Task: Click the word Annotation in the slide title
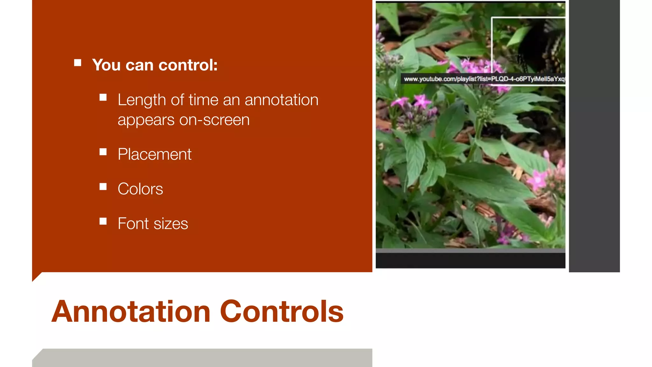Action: (x=131, y=312)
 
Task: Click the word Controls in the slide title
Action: (x=282, y=312)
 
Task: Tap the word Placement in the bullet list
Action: (x=154, y=155)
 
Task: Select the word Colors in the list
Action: (x=140, y=189)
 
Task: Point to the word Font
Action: (x=133, y=224)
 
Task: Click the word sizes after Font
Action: (x=171, y=224)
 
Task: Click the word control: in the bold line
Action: (x=188, y=65)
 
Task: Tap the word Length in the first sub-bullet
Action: (x=143, y=100)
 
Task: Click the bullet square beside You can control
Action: (x=77, y=63)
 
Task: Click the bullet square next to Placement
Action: (x=103, y=152)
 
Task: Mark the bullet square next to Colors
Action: (x=103, y=187)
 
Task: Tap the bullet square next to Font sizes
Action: (x=103, y=221)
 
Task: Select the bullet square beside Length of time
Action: (x=103, y=97)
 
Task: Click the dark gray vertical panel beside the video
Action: (x=594, y=137)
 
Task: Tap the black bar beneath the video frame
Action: (x=470, y=261)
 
